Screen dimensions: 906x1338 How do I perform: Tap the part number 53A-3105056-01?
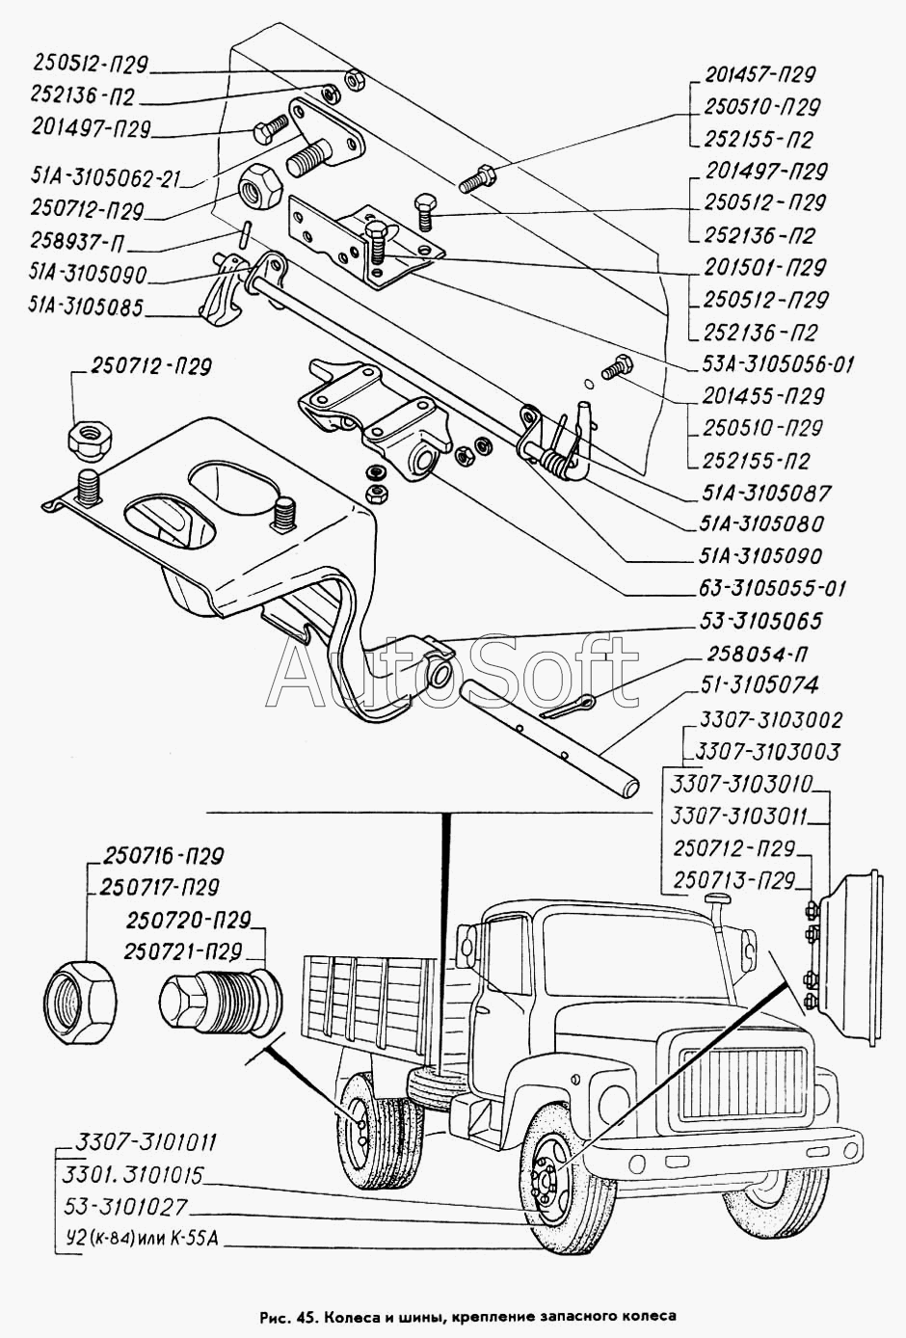coord(778,363)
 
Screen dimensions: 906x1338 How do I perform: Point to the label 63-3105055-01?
coord(772,588)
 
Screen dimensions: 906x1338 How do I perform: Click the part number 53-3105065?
coord(760,621)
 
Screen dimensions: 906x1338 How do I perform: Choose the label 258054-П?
coord(758,655)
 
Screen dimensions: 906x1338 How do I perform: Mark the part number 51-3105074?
coord(759,685)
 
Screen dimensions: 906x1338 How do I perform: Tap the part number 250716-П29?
coord(163,857)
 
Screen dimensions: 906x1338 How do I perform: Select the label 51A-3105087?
coord(765,493)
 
